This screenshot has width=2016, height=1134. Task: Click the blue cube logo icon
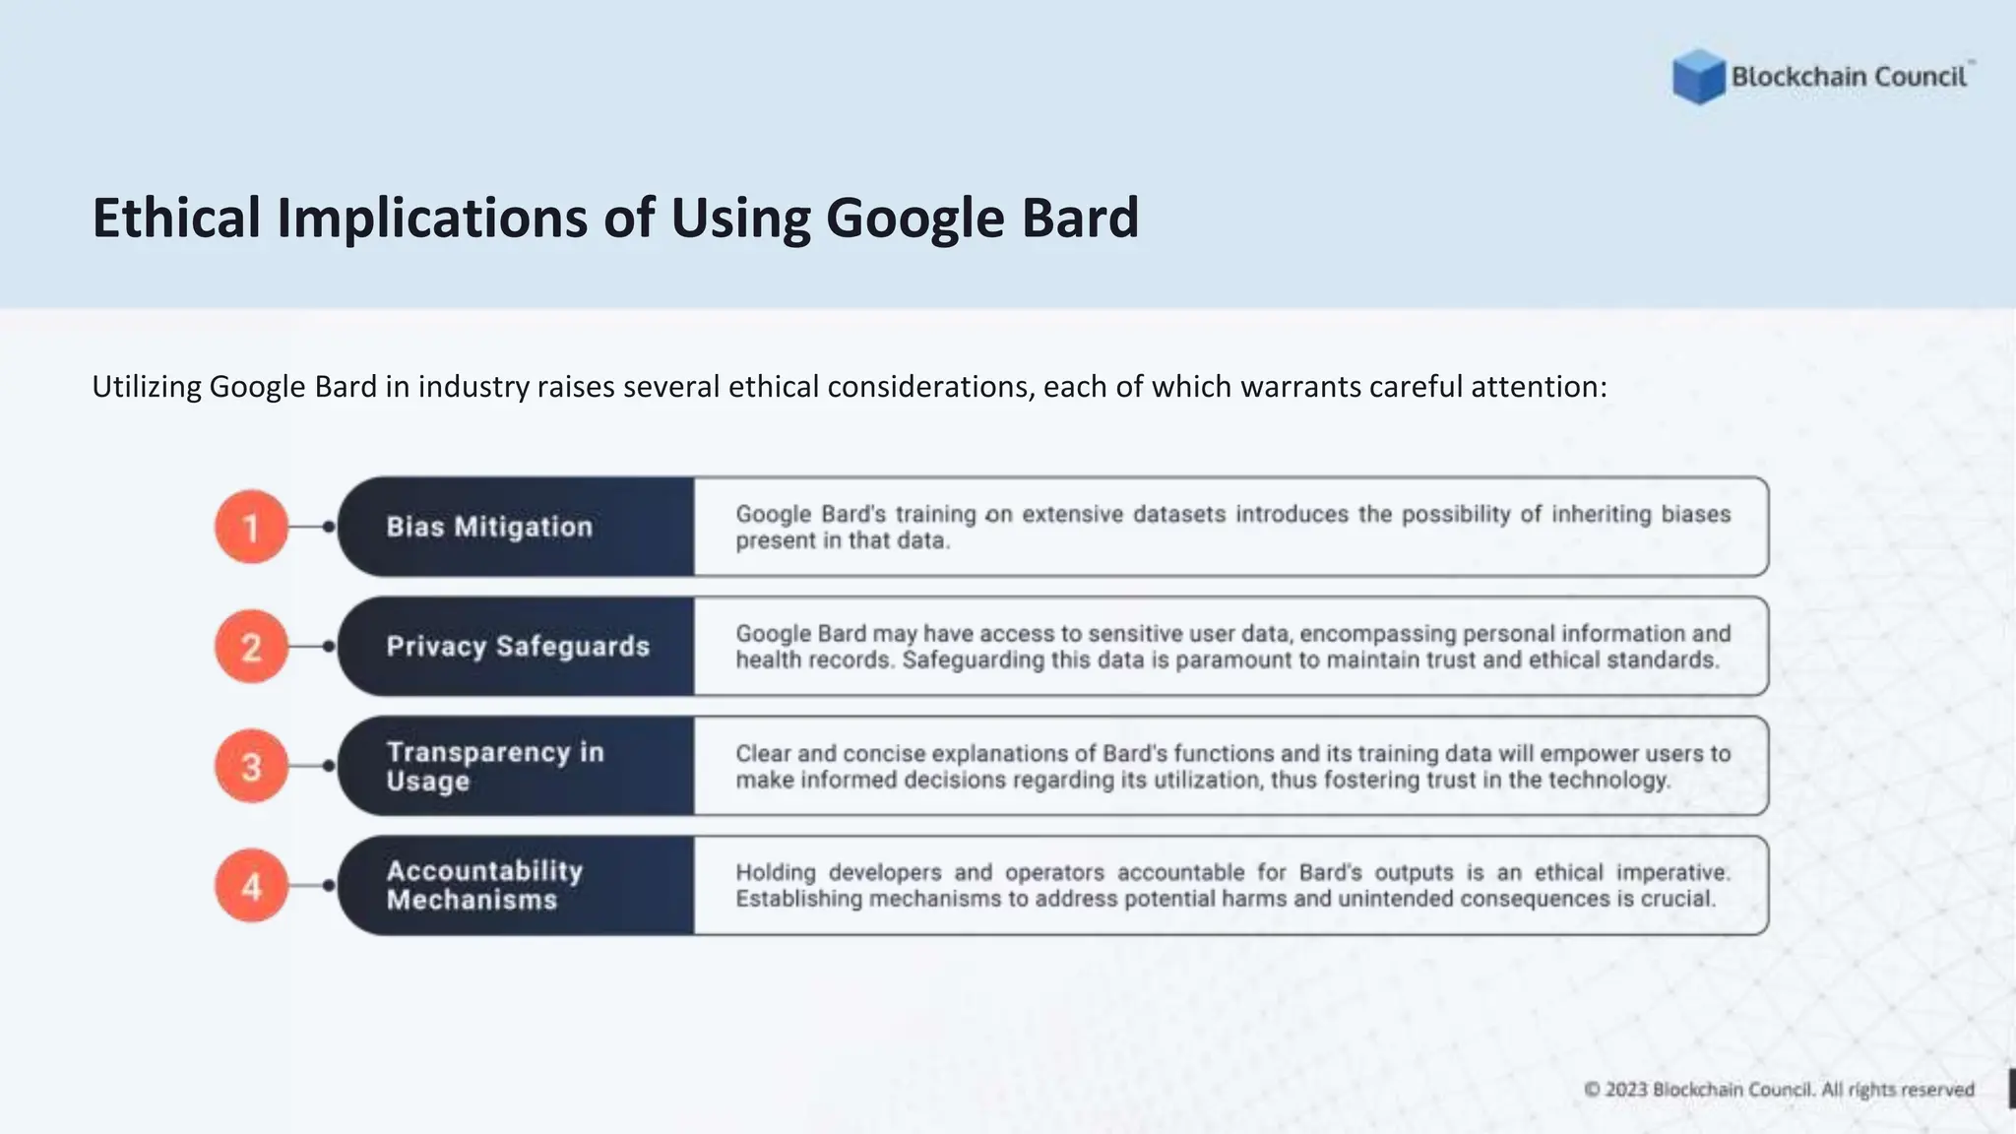(1698, 77)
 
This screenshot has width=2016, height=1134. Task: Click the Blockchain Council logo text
(1849, 77)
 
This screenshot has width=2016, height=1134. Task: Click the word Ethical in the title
(176, 218)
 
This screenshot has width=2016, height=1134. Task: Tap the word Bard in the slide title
(1080, 218)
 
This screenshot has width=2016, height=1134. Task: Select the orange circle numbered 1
(251, 527)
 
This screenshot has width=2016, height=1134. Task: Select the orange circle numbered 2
(251, 647)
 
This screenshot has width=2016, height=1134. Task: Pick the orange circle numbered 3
(251, 766)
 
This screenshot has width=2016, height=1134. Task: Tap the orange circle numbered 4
(251, 886)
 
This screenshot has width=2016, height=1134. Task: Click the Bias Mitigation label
(489, 527)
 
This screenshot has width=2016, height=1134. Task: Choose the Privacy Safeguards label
(518, 647)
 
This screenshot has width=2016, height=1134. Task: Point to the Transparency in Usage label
(494, 766)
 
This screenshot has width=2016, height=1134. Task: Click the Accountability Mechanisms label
(484, 885)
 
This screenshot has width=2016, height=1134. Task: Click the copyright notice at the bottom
(1779, 1090)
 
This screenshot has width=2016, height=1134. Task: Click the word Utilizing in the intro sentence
(147, 387)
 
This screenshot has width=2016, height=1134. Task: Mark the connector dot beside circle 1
(329, 527)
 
